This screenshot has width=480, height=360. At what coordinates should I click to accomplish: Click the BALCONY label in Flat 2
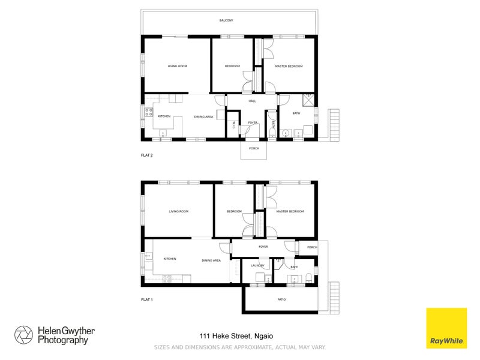(x=226, y=21)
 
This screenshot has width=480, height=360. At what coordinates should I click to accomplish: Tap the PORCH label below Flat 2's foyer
(x=254, y=148)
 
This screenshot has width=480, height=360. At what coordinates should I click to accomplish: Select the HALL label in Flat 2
(x=252, y=101)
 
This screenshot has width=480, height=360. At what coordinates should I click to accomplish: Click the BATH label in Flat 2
(x=296, y=113)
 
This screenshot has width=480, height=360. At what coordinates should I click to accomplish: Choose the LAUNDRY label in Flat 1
(x=257, y=266)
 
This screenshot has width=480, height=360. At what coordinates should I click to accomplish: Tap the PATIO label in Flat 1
(x=281, y=299)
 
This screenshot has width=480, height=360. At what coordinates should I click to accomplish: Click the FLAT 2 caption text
(x=147, y=155)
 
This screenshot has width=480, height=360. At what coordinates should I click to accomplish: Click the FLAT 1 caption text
(x=147, y=299)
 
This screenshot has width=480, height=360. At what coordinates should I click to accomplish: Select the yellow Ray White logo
(x=446, y=328)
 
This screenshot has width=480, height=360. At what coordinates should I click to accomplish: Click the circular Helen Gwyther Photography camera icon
(x=24, y=335)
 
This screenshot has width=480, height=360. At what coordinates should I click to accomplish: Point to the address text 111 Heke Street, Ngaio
(x=231, y=336)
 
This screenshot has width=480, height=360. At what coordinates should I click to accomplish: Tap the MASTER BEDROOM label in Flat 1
(x=290, y=211)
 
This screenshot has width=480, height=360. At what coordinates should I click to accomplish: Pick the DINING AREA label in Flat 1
(x=211, y=260)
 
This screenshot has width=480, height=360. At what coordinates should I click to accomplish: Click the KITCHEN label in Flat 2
(x=164, y=116)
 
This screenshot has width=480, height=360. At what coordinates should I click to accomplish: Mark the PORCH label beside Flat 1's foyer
(x=312, y=247)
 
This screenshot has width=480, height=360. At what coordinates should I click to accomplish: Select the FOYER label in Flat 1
(x=263, y=247)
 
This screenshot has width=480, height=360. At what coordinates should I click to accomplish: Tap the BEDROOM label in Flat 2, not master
(x=232, y=66)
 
